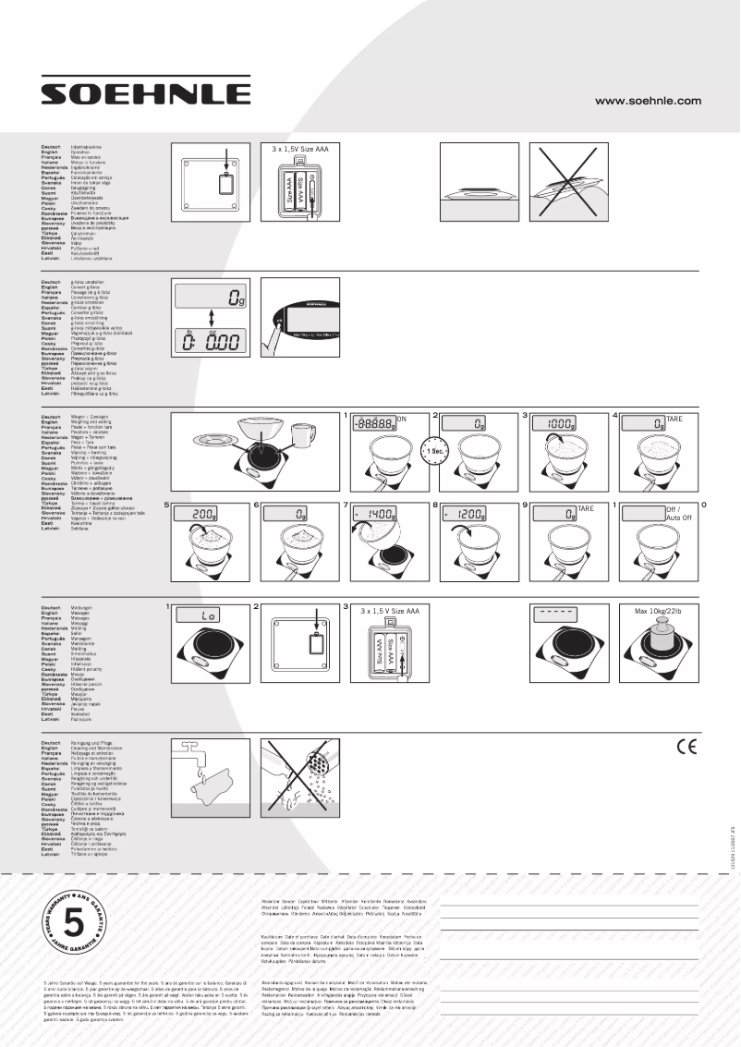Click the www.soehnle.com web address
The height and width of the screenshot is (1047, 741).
(x=648, y=101)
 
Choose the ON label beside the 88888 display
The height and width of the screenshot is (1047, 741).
(x=401, y=419)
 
